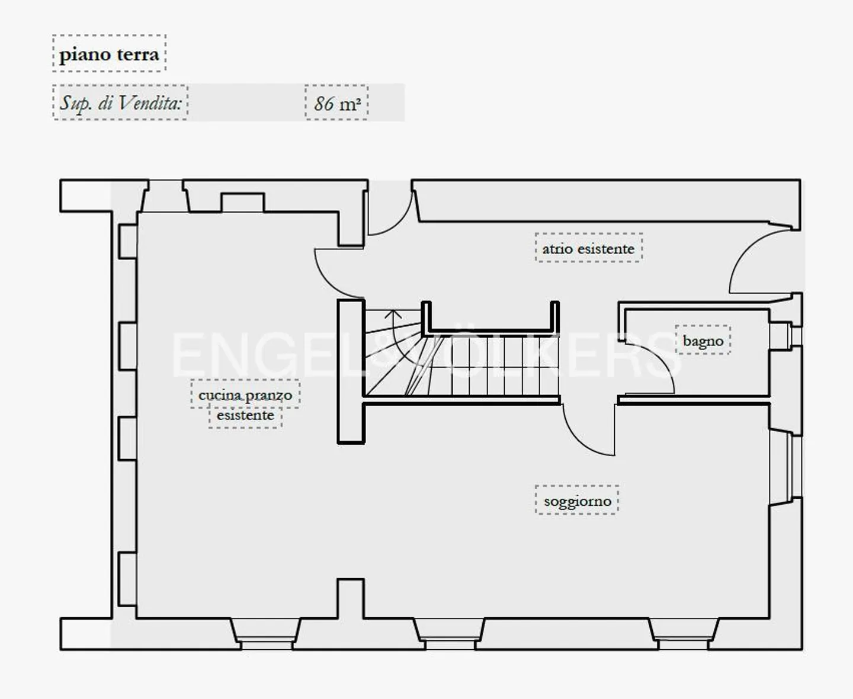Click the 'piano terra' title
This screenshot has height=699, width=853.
coord(109,54)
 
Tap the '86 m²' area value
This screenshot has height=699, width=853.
coord(337,104)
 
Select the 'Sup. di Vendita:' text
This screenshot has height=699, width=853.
coord(120,102)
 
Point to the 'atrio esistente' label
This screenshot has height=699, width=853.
coord(588,249)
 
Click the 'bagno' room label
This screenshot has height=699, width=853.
coord(703,341)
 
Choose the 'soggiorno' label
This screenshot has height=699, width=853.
coord(577,501)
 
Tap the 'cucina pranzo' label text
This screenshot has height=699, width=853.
coord(245,395)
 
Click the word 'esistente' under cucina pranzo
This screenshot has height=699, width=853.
coord(245,415)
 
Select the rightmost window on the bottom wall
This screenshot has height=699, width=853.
coord(684,634)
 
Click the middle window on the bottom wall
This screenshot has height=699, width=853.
coord(449,634)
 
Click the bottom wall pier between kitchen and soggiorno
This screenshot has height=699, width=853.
coord(351,599)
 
